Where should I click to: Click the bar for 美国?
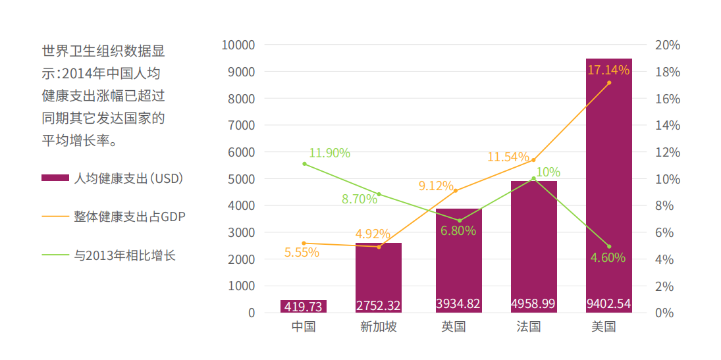click(x=608, y=184)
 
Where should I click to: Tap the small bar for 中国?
click(x=304, y=306)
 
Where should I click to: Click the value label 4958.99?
click(x=533, y=304)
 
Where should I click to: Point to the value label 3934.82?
click(x=458, y=304)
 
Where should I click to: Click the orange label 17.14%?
click(x=608, y=70)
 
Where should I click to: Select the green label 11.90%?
click(x=329, y=153)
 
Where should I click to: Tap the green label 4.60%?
click(x=608, y=257)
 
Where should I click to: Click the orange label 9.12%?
click(x=436, y=186)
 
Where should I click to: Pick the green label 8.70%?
click(x=360, y=199)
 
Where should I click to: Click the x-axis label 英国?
click(x=454, y=327)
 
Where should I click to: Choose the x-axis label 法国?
click(x=529, y=327)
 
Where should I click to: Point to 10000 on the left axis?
click(x=238, y=45)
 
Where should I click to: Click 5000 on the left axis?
click(x=242, y=179)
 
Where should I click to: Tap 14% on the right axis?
click(x=668, y=125)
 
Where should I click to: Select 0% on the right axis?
click(x=665, y=313)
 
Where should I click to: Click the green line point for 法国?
click(x=533, y=178)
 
